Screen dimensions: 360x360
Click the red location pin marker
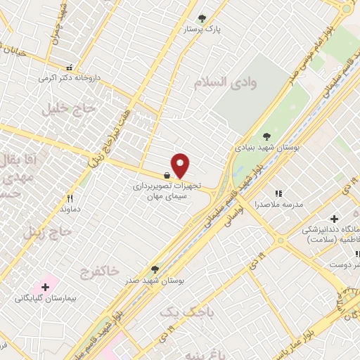180,165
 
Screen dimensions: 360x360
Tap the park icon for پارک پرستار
202,18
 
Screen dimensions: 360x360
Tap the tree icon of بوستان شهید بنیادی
266,136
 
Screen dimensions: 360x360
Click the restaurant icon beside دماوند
70,199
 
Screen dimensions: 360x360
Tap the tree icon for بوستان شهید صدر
155,269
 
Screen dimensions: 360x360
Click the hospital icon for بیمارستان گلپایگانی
46,287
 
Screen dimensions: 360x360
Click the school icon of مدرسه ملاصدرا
278,193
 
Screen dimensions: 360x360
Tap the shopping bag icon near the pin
166,175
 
